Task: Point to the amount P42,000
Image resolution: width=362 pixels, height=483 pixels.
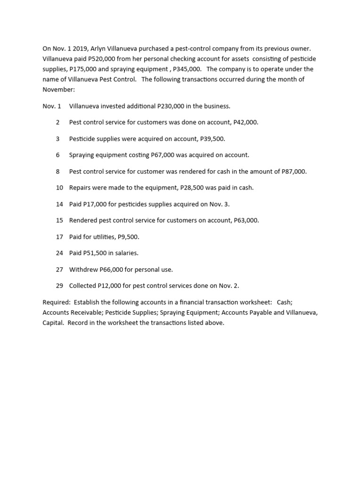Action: [x=246, y=122]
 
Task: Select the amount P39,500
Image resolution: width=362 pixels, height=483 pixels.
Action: [x=213, y=139]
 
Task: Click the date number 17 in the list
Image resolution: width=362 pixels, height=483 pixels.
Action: [x=59, y=237]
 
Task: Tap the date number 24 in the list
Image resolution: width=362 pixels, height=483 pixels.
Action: [x=59, y=253]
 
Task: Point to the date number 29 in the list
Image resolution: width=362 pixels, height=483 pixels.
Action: [x=59, y=286]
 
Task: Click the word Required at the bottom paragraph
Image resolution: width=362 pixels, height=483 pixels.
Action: [x=56, y=302]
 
